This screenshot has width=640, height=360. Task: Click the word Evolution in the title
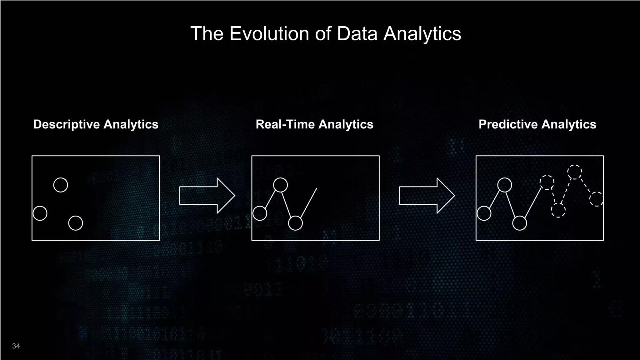[x=269, y=33]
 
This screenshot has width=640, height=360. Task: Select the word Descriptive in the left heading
[x=66, y=124]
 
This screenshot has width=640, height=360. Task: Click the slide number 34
[x=16, y=346]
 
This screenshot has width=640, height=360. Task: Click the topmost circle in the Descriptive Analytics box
[x=61, y=185]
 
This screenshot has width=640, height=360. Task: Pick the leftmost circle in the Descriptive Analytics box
[x=40, y=213]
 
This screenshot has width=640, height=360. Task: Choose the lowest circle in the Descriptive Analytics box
[x=76, y=223]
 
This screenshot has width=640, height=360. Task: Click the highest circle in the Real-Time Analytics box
[x=280, y=185]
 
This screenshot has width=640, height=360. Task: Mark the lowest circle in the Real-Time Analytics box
[x=295, y=223]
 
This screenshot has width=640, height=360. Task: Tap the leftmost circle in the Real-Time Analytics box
[x=260, y=213]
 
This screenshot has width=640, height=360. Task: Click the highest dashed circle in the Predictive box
[x=574, y=172]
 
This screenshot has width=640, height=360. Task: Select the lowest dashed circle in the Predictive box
[x=558, y=210]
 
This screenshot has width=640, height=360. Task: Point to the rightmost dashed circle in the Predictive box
[x=597, y=199]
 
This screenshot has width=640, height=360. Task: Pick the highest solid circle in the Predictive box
[x=504, y=185]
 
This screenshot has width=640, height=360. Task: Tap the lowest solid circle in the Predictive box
[x=520, y=223]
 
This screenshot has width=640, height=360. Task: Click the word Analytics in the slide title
[x=422, y=33]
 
